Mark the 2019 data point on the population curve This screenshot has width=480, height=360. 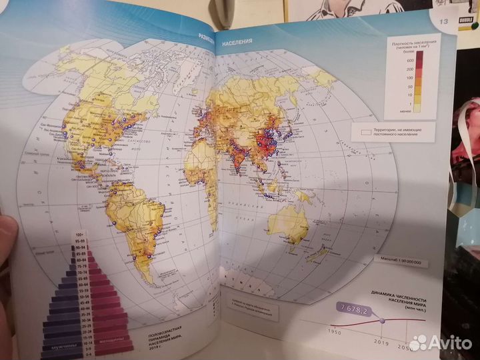pos(382,321)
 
